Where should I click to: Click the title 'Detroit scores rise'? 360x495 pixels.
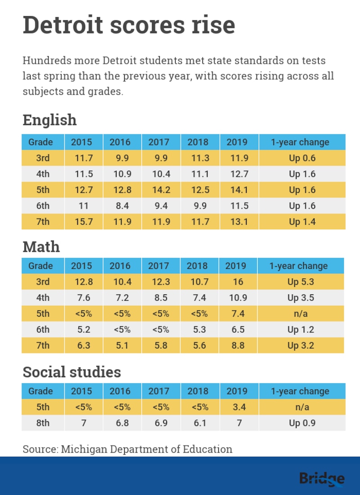click(x=129, y=25)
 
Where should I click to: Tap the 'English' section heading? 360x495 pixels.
click(x=49, y=120)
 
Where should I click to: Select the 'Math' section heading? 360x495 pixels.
click(x=41, y=246)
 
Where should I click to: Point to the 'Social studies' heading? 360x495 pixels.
click(x=72, y=372)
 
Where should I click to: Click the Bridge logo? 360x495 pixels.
click(x=322, y=479)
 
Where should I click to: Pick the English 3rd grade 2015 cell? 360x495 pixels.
click(x=81, y=158)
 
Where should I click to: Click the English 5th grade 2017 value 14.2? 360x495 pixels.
click(x=161, y=190)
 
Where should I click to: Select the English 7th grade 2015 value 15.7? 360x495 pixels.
click(x=81, y=222)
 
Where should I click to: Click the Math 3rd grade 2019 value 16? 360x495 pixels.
click(x=238, y=282)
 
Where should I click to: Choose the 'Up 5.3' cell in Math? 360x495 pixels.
click(x=301, y=282)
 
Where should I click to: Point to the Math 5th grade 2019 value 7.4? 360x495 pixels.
click(x=238, y=313)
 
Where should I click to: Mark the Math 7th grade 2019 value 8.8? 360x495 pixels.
click(x=238, y=345)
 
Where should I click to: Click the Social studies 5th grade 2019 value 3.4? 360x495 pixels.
click(x=237, y=407)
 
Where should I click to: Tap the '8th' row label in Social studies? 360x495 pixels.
click(x=43, y=423)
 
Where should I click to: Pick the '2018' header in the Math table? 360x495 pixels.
click(x=198, y=266)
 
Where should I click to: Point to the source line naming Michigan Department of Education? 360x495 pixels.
click(x=127, y=449)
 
